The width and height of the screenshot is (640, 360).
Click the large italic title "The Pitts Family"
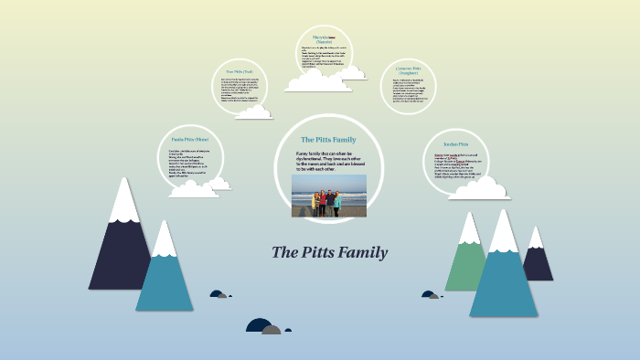click(329, 253)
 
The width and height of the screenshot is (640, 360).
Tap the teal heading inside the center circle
click(328, 139)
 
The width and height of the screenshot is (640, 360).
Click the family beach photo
click(329, 196)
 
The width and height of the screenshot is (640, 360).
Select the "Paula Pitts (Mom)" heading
click(190, 139)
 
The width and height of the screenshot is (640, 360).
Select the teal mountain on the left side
click(165, 274)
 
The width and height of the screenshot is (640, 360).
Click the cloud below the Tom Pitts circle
click(253, 111)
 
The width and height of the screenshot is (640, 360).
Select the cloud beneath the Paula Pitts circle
click(194, 188)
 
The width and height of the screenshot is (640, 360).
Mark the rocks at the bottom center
click(263, 325)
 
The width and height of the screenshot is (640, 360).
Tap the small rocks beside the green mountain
click(430, 294)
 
